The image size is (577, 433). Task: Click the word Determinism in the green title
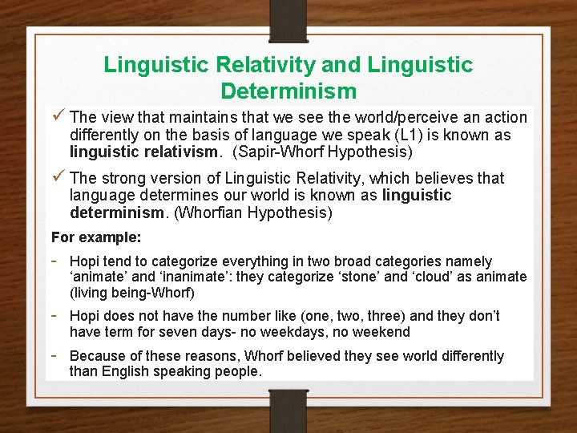point(288,90)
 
